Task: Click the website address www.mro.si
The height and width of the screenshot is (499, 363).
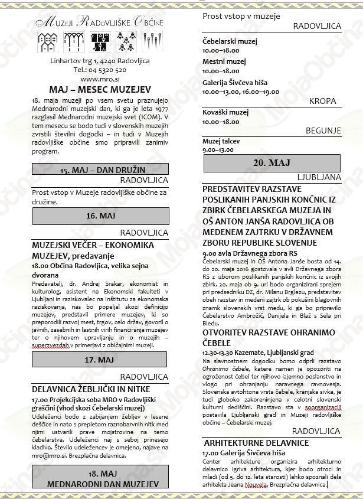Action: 97,79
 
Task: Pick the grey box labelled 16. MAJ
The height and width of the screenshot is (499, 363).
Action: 100,216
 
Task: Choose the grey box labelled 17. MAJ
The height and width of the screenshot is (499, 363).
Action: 100,359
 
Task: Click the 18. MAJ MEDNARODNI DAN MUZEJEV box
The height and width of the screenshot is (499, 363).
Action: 100,479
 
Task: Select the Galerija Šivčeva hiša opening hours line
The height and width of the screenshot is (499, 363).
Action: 241,92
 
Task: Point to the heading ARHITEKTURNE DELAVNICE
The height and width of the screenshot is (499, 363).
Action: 256,442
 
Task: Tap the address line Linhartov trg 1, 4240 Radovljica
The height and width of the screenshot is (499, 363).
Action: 100,61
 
